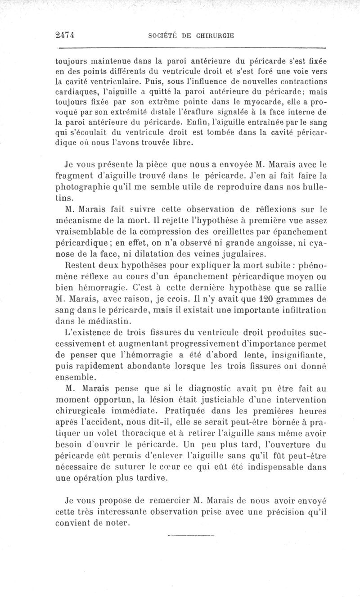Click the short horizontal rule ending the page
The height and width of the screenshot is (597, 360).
click(x=191, y=536)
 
